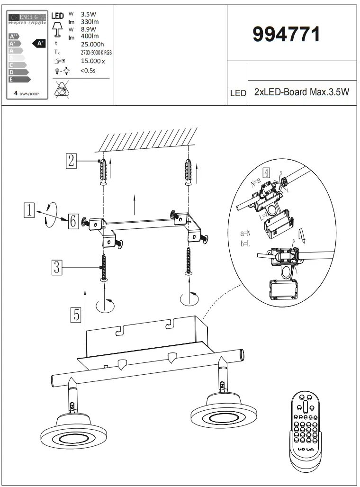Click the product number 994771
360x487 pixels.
tap(286, 35)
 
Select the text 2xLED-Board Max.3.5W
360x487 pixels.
tap(301, 92)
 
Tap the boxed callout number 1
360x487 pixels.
tap(29, 210)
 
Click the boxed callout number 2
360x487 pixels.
tap(71, 162)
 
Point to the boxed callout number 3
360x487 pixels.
tap(56, 268)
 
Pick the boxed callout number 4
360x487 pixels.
tap(267, 172)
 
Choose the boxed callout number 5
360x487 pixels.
tap(75, 315)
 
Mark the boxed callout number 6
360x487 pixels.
tap(72, 221)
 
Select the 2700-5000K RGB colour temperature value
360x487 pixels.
tap(96, 53)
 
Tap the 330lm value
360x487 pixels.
tap(90, 22)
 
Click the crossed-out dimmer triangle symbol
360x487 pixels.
tap(63, 90)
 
